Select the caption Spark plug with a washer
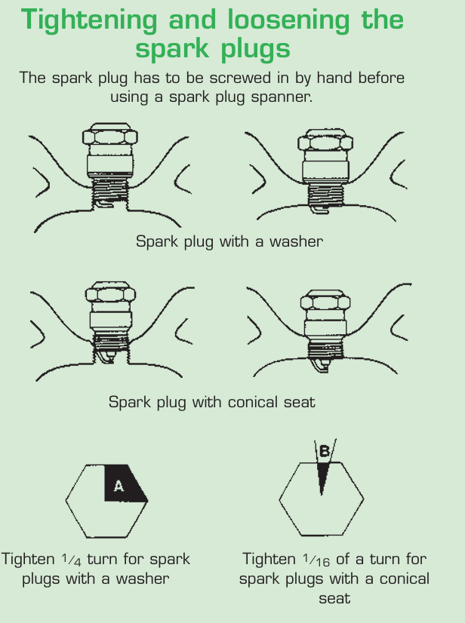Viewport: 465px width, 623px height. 229,241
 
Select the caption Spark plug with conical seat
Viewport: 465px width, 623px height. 211,402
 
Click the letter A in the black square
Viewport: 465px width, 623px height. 119,486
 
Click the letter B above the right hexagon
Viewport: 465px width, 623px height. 325,452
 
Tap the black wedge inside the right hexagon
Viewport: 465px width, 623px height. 322,476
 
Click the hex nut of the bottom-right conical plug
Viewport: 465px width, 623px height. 323,302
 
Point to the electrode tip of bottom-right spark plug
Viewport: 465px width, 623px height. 320,366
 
